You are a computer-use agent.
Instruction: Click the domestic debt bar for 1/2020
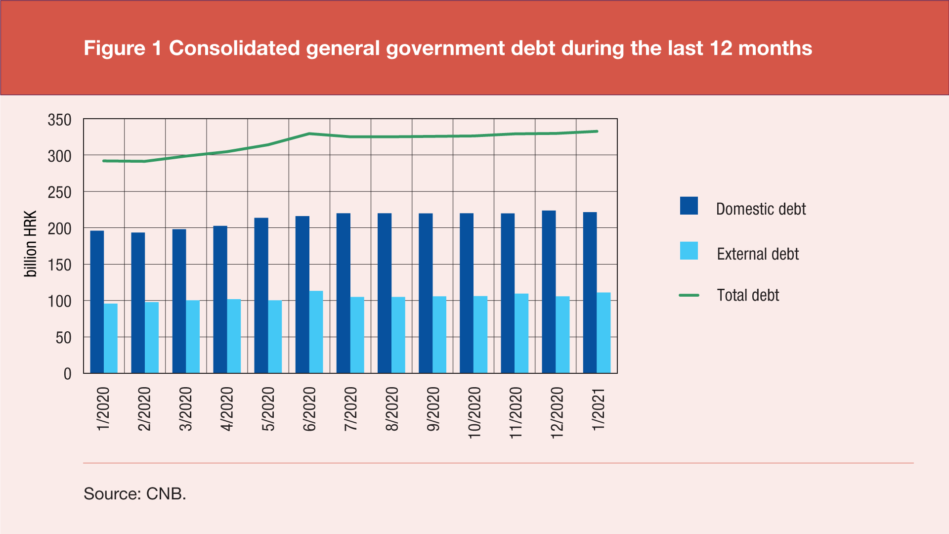pyautogui.click(x=97, y=302)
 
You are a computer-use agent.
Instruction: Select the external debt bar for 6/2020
pyautogui.click(x=316, y=332)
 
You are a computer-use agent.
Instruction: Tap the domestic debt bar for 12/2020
pyautogui.click(x=549, y=292)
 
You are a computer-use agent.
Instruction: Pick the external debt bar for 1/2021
pyautogui.click(x=604, y=333)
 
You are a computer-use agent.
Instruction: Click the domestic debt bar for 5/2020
pyautogui.click(x=261, y=295)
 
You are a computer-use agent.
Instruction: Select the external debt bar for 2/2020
pyautogui.click(x=152, y=337)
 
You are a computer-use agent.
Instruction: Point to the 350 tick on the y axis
pyautogui.click(x=59, y=120)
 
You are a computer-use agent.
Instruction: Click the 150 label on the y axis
pyautogui.click(x=59, y=265)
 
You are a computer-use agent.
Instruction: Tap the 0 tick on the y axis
pyautogui.click(x=67, y=374)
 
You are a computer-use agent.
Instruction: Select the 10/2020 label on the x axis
pyautogui.click(x=474, y=413)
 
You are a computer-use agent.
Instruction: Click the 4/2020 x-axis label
pyautogui.click(x=227, y=409)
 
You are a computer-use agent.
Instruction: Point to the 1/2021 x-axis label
pyautogui.click(x=598, y=409)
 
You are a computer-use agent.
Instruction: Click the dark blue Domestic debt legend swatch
pyautogui.click(x=689, y=206)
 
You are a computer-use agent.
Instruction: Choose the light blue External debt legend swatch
pyautogui.click(x=689, y=251)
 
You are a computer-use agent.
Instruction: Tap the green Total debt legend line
pyautogui.click(x=689, y=295)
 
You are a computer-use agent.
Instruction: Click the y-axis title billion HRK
pyautogui.click(x=31, y=244)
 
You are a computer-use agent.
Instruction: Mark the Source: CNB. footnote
pyautogui.click(x=135, y=493)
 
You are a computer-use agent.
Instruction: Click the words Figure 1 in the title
pyautogui.click(x=123, y=48)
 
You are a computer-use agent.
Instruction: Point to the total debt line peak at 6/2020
pyautogui.click(x=309, y=133)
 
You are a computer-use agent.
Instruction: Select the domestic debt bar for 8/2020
pyautogui.click(x=385, y=293)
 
